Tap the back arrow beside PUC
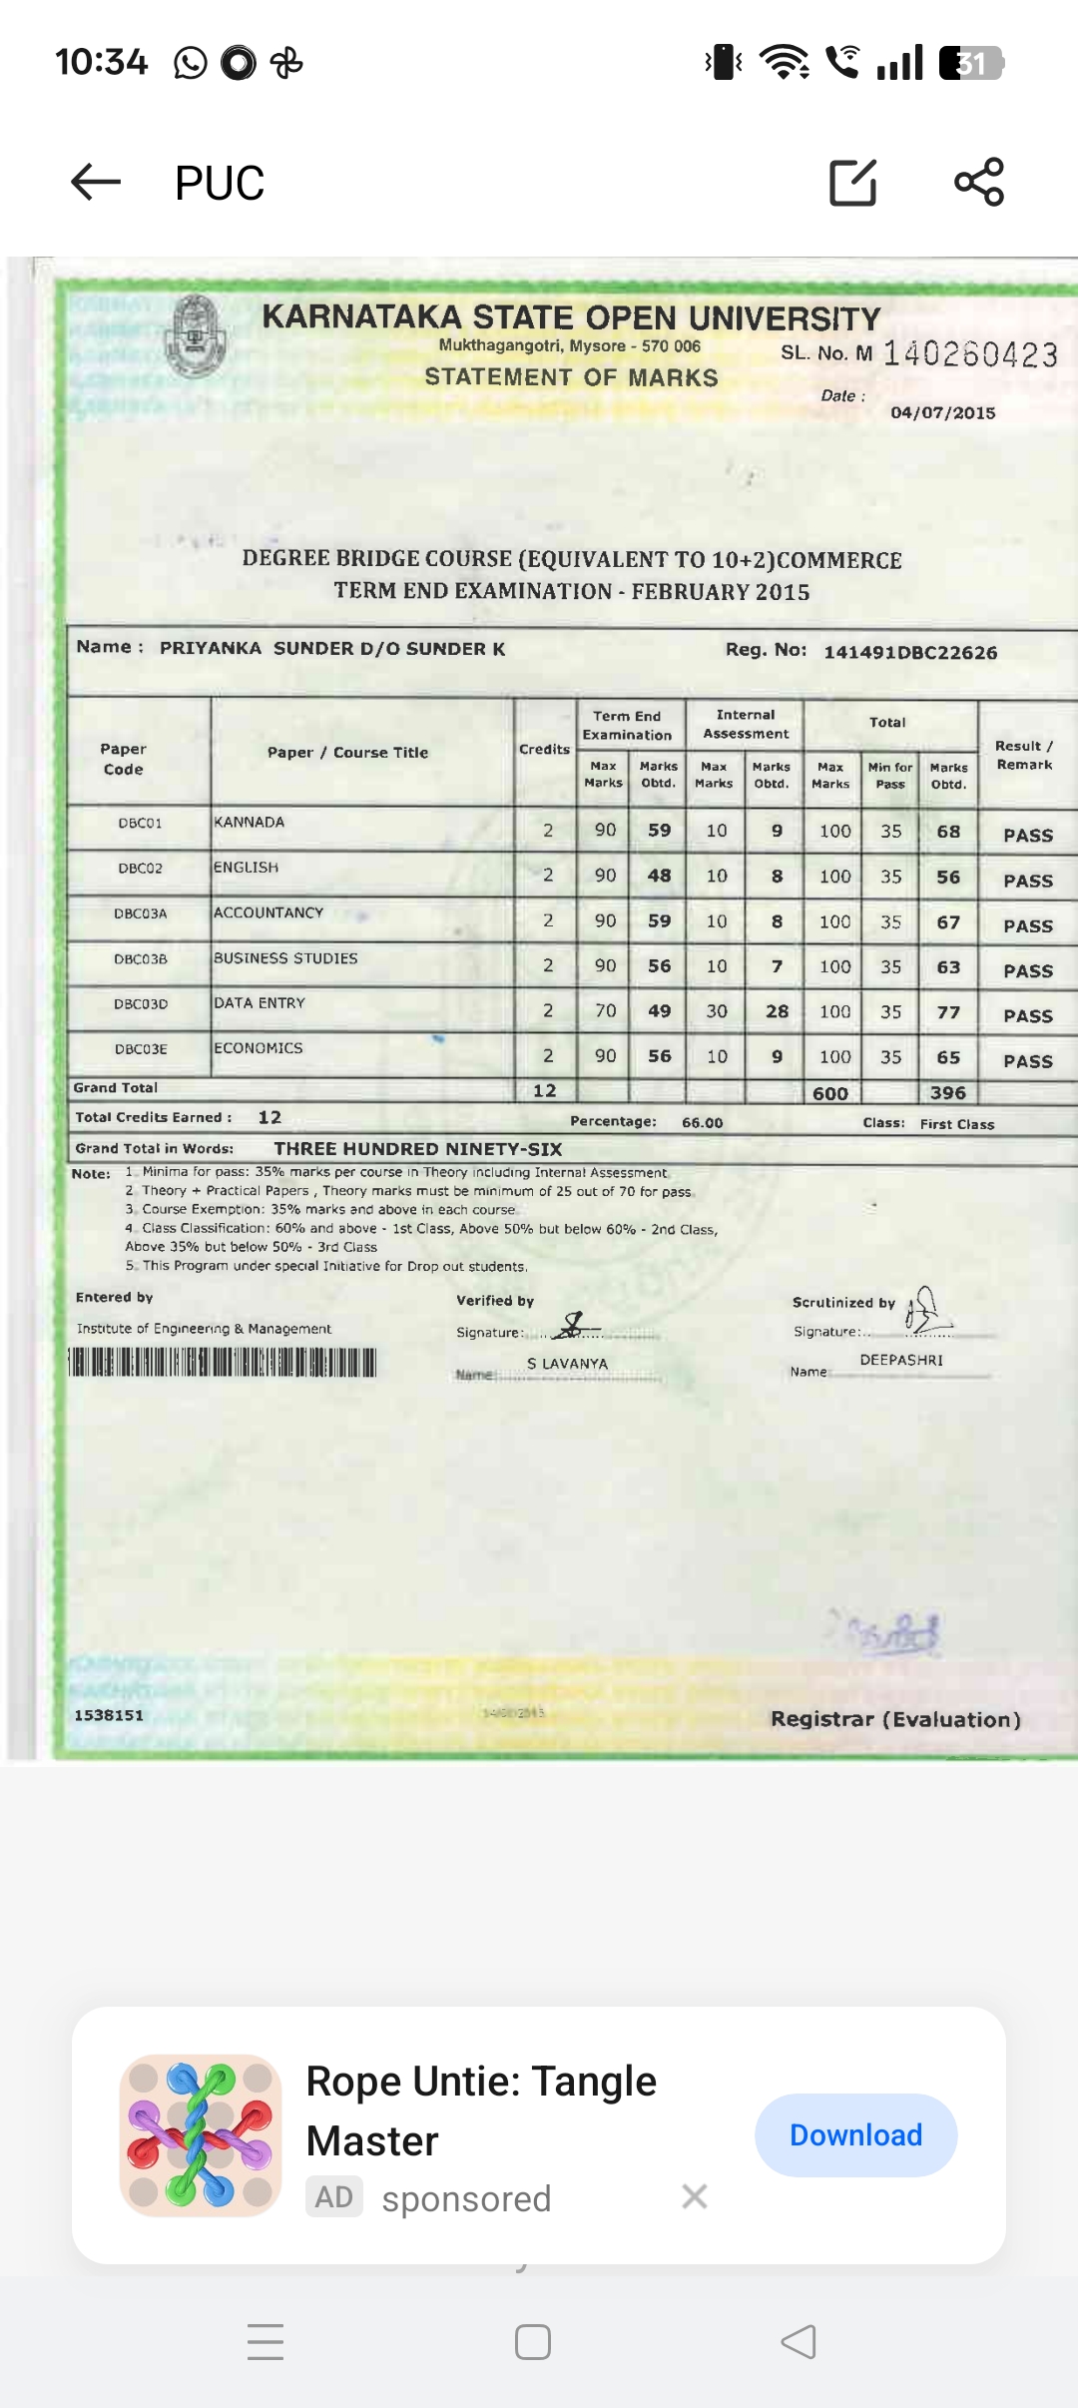pyautogui.click(x=96, y=182)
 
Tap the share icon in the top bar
pyautogui.click(x=979, y=182)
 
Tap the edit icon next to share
pyautogui.click(x=853, y=182)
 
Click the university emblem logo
pyautogui.click(x=196, y=335)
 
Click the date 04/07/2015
pyautogui.click(x=942, y=413)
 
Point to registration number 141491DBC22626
pyautogui.click(x=909, y=652)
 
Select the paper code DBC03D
pyautogui.click(x=141, y=1004)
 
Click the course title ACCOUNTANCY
pyautogui.click(x=269, y=912)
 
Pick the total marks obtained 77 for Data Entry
pyautogui.click(x=948, y=1011)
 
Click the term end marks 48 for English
pyautogui.click(x=659, y=876)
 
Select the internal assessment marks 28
pyautogui.click(x=777, y=1011)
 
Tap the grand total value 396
pyautogui.click(x=947, y=1093)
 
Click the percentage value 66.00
pyautogui.click(x=702, y=1122)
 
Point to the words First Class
pyautogui.click(x=956, y=1124)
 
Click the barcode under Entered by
pyautogui.click(x=223, y=1362)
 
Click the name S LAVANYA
pyautogui.click(x=567, y=1364)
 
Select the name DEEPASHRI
pyautogui.click(x=901, y=1360)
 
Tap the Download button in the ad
pyautogui.click(x=855, y=2135)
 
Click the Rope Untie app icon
pyautogui.click(x=201, y=2135)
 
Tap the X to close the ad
pyautogui.click(x=695, y=2196)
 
